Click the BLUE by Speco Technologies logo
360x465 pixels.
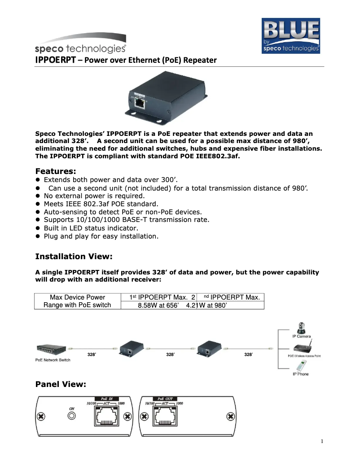tap(290, 36)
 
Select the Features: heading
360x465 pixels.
tap(56, 171)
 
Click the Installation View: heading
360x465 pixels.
tap(74, 256)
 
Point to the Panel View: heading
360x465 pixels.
tap(60, 384)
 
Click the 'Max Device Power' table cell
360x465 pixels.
tap(77, 297)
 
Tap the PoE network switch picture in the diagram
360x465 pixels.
tap(51, 349)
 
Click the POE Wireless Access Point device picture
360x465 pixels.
tap(303, 348)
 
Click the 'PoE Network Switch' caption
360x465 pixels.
tap(53, 360)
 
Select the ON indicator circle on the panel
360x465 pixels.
tap(71, 417)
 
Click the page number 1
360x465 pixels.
tap(322, 441)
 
